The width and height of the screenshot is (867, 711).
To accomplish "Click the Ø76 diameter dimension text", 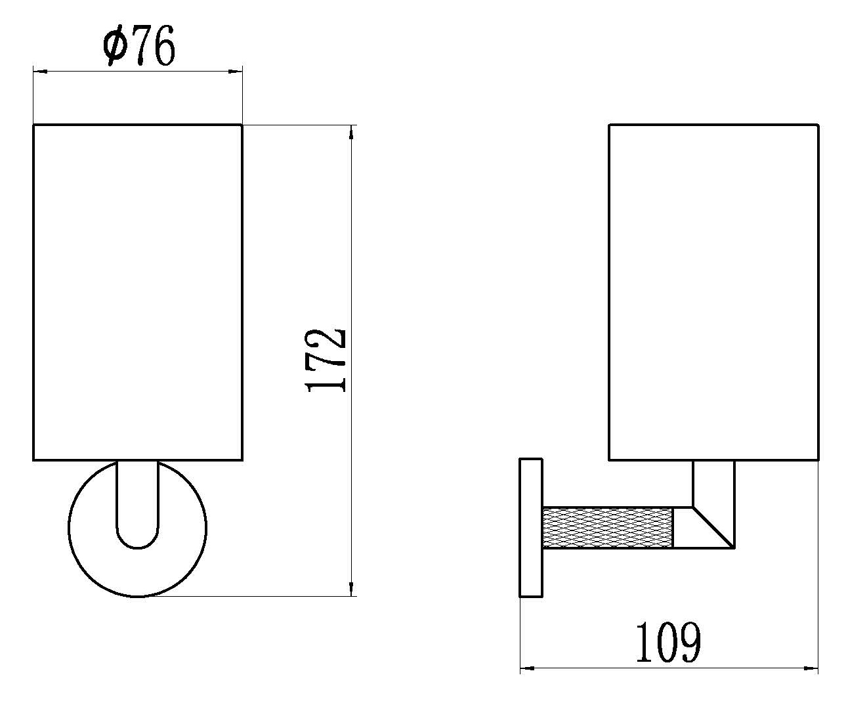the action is click(139, 45).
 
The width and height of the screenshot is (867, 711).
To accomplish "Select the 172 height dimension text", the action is click(325, 360).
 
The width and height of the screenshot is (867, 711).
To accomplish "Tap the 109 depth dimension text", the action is click(668, 642).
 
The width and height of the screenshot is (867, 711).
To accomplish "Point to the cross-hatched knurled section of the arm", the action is click(608, 528).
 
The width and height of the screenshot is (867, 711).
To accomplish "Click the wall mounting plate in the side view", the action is click(531, 528).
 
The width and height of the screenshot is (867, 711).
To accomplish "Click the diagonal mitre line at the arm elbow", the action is click(713, 528).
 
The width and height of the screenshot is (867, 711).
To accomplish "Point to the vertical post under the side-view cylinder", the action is click(713, 484).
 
